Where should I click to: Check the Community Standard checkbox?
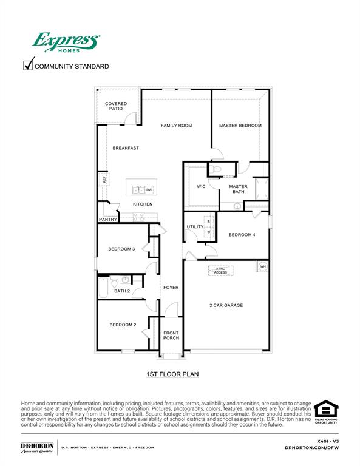tap(28, 65)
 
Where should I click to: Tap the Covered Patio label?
tap(116, 106)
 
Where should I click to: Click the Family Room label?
tap(176, 126)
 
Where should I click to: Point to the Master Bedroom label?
tap(240, 126)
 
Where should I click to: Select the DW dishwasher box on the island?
tap(149, 190)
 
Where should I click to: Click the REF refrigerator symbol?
tap(104, 180)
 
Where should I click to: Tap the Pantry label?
tap(107, 220)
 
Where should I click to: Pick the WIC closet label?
tap(201, 186)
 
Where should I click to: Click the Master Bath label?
tap(238, 189)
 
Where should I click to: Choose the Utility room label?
tap(195, 227)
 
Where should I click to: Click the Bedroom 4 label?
tap(242, 235)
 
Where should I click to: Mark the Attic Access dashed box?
tap(220, 271)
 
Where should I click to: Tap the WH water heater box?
tap(263, 266)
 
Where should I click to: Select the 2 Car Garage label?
tap(226, 305)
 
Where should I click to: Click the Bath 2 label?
tap(122, 291)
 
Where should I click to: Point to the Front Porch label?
tap(171, 335)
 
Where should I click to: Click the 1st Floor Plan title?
tap(172, 374)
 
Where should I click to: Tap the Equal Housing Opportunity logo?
tap(326, 413)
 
